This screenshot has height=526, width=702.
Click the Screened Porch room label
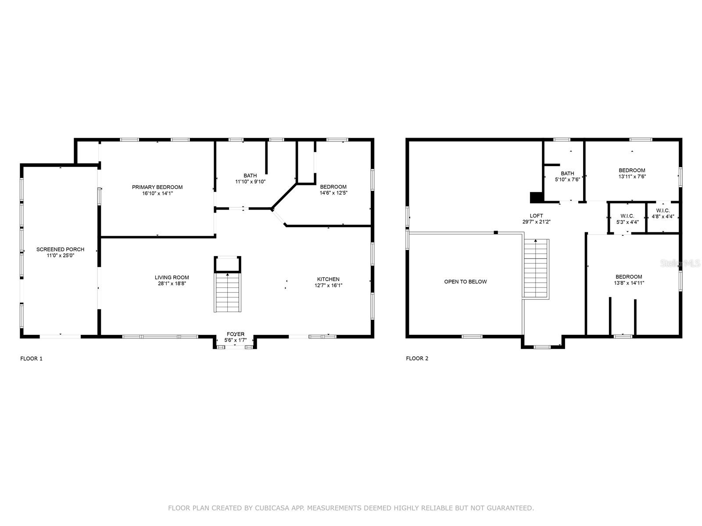60,249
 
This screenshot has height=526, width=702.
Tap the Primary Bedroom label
158,187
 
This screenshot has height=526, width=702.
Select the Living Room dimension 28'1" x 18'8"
172,284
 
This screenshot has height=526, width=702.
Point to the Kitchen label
329,279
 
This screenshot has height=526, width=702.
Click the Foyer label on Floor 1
236,334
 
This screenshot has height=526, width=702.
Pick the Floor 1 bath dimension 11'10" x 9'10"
251,182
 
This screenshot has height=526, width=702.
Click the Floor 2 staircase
536,269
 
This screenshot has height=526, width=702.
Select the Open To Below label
466,282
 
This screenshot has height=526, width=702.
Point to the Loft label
536,216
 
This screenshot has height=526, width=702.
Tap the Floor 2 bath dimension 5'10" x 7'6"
567,179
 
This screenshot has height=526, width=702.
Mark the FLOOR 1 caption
31,359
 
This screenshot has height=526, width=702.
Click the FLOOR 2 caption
417,358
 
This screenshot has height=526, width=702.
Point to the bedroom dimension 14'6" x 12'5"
333,193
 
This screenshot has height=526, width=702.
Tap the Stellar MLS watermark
680,263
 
